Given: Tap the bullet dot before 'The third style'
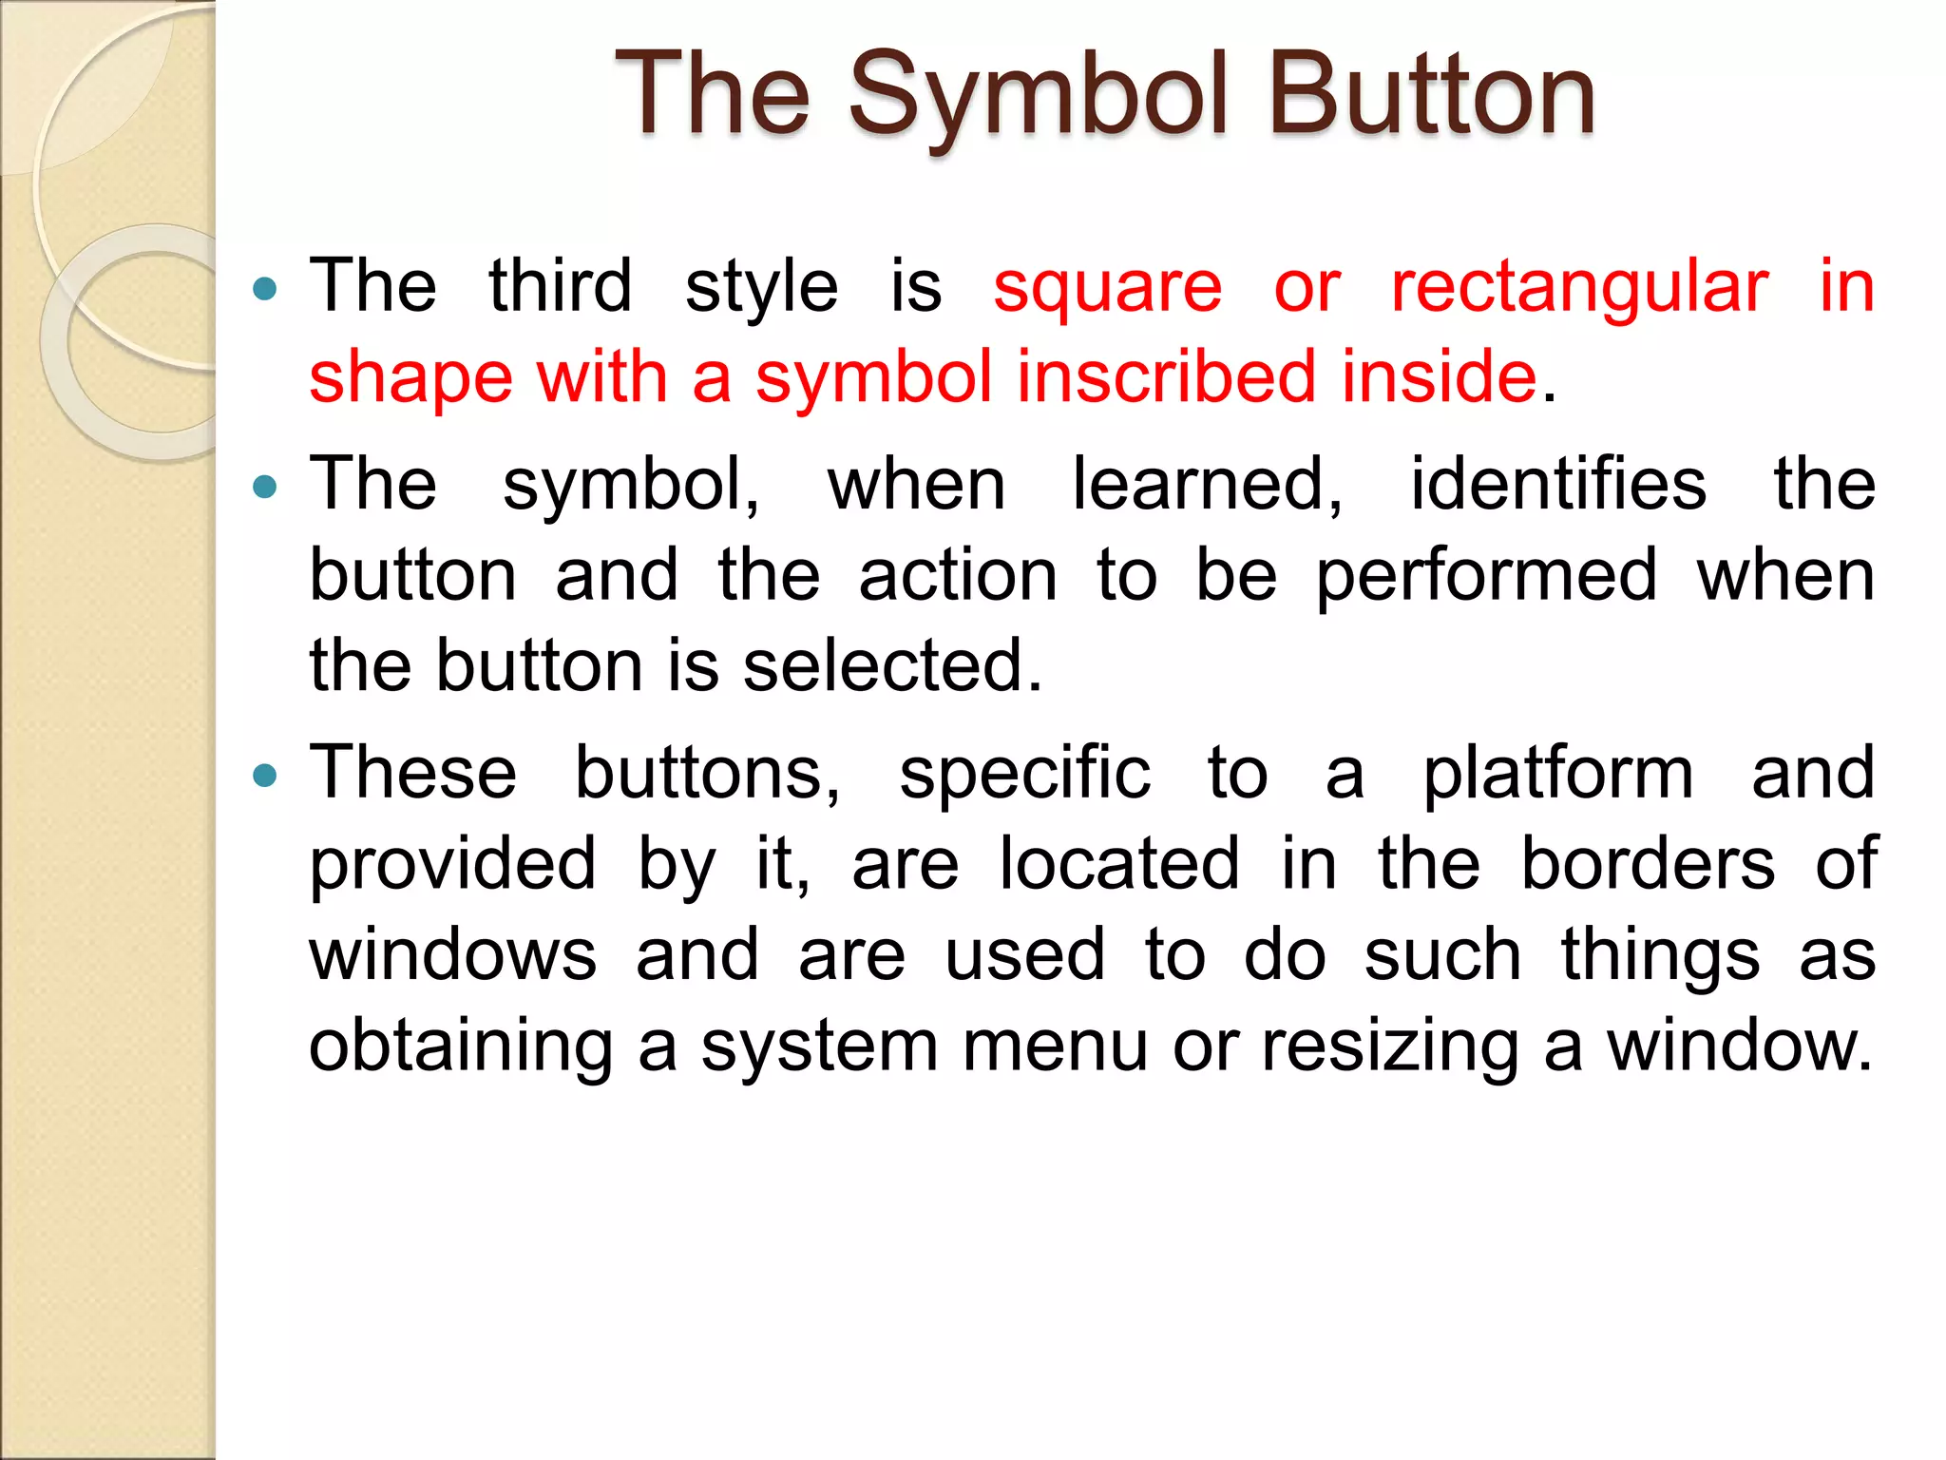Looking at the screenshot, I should tap(265, 288).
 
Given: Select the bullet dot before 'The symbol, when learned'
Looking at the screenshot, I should tap(265, 488).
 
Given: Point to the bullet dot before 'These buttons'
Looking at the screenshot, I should tap(265, 777).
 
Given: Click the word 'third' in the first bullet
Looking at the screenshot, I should tap(560, 286).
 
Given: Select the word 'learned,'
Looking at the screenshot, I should tap(1207, 486).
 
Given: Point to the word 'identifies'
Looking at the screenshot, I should tap(1558, 485).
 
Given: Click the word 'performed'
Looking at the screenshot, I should tap(1486, 578).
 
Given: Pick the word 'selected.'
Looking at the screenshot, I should tap(892, 665).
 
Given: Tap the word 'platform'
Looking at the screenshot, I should tap(1558, 776).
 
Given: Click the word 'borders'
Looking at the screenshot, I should tap(1648, 864).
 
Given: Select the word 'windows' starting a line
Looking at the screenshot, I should tap(453, 955).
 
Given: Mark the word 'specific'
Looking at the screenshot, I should tap(1025, 776).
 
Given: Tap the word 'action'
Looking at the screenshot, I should tap(957, 576).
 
